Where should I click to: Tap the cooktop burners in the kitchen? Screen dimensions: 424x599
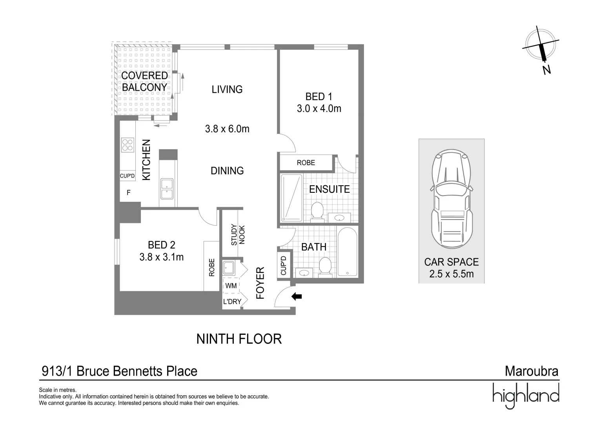(127, 144)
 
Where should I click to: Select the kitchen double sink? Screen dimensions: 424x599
(167, 188)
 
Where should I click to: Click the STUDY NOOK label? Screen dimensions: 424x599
(238, 235)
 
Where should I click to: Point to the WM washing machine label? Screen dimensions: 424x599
(231, 286)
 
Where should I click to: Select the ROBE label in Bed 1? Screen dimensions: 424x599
(306, 163)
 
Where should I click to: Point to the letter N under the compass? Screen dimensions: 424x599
(546, 70)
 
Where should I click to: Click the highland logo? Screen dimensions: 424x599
(526, 395)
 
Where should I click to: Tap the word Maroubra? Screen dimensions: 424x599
(532, 371)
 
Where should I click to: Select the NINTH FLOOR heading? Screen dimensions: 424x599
(239, 339)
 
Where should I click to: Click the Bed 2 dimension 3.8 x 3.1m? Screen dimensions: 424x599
(161, 257)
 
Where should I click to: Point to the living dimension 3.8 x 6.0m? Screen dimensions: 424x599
(227, 129)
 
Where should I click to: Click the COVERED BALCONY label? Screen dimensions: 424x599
(144, 81)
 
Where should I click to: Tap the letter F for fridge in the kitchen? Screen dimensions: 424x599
(128, 193)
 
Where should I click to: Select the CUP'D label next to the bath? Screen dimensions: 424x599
(284, 265)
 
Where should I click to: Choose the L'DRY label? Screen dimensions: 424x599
(232, 302)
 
